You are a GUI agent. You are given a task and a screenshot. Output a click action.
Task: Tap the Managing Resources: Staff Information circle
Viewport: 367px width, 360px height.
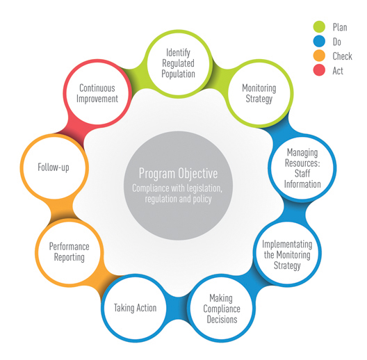(297, 167)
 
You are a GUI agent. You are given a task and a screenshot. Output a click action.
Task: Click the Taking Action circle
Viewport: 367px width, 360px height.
(136, 308)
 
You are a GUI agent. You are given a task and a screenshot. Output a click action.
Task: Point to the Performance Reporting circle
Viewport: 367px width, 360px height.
(67, 252)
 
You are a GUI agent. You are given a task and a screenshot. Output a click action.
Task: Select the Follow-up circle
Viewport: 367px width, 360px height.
(54, 167)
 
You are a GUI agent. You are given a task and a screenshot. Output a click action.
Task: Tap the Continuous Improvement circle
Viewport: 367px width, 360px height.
(97, 94)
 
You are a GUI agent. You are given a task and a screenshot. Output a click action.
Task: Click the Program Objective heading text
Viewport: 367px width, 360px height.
(179, 174)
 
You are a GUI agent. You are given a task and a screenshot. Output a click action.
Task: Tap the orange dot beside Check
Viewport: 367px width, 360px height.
(319, 56)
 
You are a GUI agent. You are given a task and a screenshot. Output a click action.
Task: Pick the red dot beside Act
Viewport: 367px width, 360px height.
(319, 69)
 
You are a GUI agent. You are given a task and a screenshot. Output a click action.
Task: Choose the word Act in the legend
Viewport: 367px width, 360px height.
(339, 69)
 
